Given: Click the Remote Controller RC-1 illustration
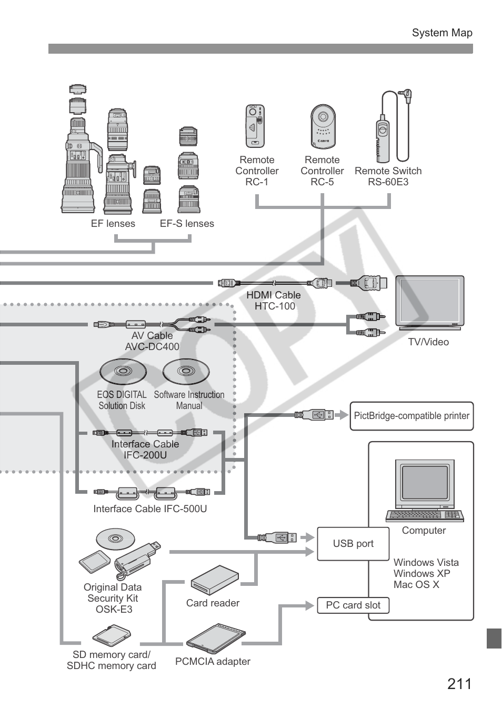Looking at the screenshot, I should pos(255,126).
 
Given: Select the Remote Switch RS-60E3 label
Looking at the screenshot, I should pos(388,176).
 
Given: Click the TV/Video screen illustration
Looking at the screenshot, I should pos(429,302).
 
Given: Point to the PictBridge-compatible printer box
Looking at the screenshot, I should pos(411,416).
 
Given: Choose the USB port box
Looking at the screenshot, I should pos(353,544).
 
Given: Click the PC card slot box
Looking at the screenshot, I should pos(353,605).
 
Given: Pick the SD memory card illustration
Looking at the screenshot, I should pos(112,635).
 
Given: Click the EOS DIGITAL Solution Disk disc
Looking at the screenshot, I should pos(123,372).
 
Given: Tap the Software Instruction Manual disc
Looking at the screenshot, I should pos(186,372).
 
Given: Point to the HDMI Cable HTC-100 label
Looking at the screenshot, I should pos(274,301).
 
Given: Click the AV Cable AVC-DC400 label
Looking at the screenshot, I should pos(152,341).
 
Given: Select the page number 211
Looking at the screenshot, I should pos(459,684).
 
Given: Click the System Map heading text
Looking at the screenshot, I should pos(442,33).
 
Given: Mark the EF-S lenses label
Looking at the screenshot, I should pos(187,224).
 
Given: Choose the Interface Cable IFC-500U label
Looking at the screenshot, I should pos(150,509).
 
